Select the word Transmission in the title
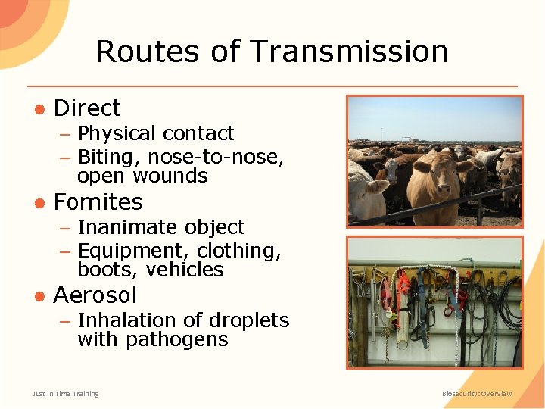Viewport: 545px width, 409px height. (348, 52)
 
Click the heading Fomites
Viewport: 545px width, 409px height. (98, 202)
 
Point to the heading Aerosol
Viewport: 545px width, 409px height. (95, 295)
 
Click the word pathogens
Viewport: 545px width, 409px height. (177, 339)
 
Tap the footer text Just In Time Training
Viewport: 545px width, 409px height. (65, 394)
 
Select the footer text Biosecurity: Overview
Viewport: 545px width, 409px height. (477, 394)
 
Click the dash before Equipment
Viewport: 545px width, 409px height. (66, 251)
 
